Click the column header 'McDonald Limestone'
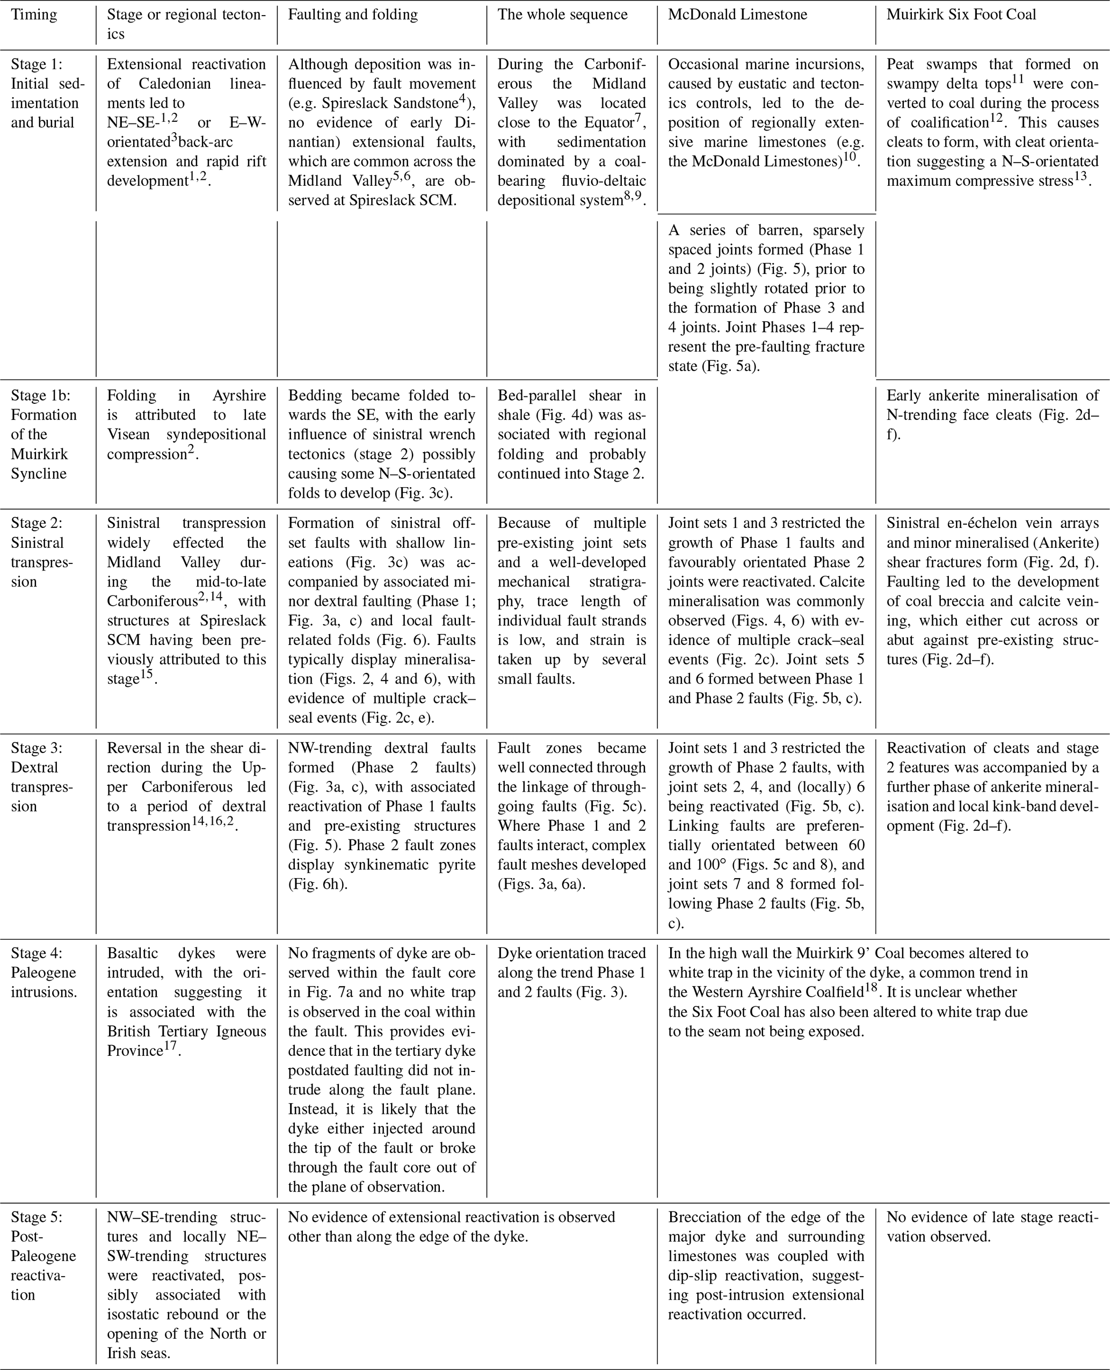coord(737,15)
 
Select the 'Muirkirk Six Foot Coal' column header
coord(961,15)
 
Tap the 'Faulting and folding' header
coord(352,15)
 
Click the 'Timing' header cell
coord(34,15)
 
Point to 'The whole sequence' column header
coord(562,15)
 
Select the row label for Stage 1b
coord(43,434)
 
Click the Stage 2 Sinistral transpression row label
coord(41,552)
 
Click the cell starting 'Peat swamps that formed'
coord(992,122)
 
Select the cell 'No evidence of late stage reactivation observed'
coord(992,1226)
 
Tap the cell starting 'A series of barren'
coord(766,298)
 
